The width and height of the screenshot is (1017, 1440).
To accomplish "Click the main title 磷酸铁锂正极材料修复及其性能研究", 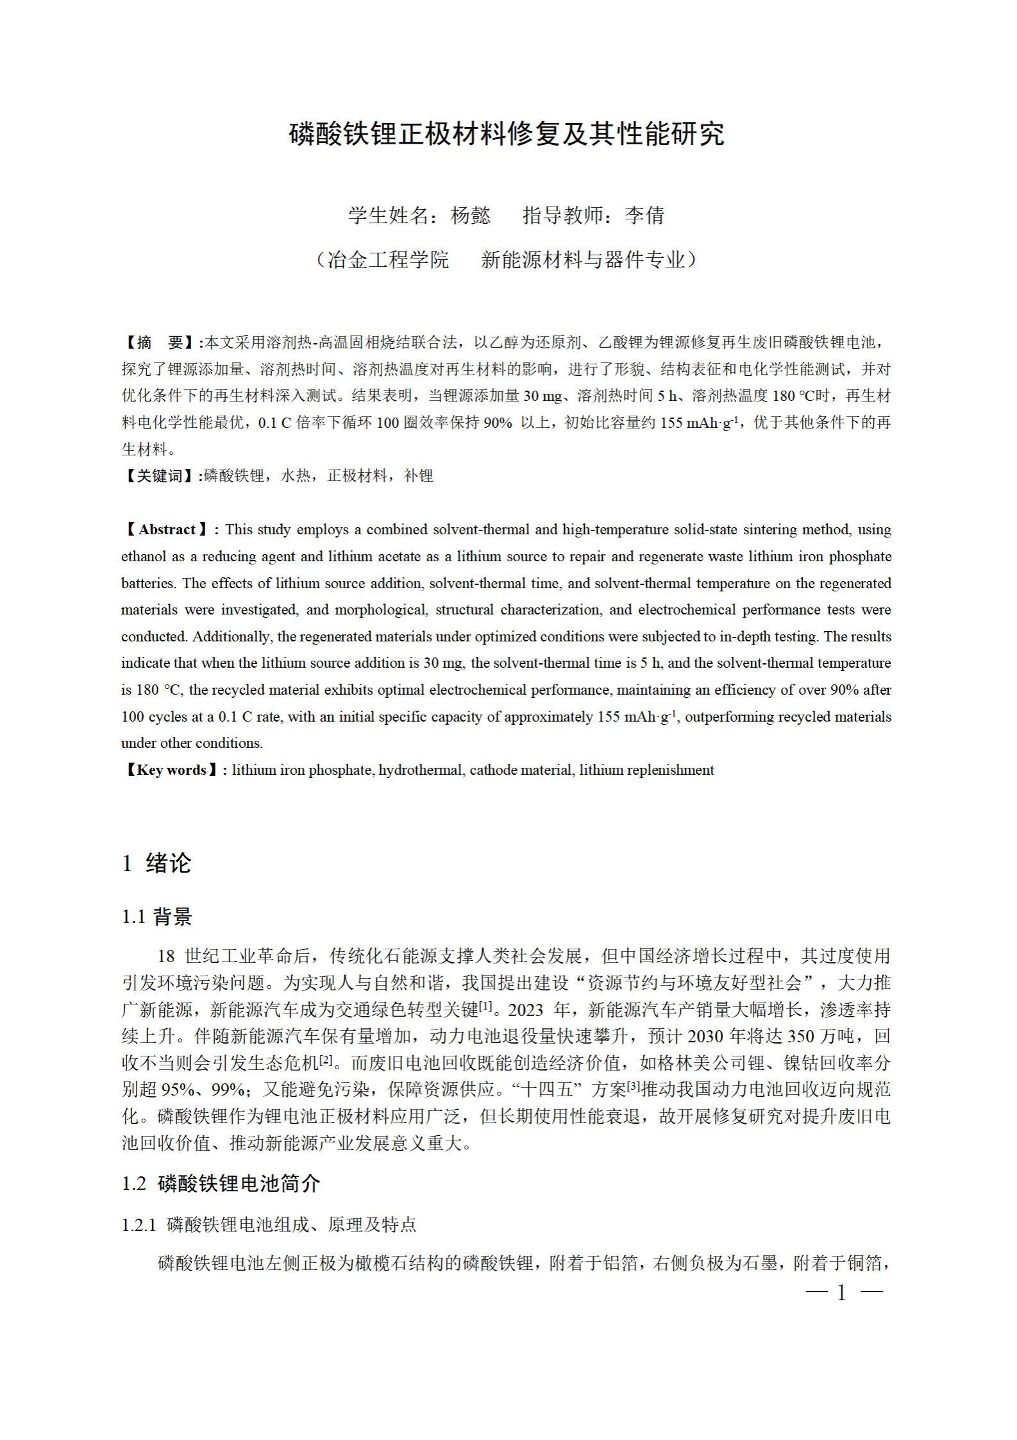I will [507, 133].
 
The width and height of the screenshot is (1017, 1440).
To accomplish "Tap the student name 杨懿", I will [471, 216].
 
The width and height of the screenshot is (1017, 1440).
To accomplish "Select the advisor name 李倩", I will [644, 216].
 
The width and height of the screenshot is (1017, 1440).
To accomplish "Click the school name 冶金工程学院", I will [388, 260].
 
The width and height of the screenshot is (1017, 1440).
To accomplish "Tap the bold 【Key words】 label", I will [172, 770].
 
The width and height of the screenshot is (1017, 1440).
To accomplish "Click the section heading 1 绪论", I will [156, 863].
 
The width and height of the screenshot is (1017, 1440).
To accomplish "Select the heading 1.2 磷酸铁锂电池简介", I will [221, 1183].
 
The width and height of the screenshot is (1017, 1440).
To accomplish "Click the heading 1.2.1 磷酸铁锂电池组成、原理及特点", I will [269, 1224].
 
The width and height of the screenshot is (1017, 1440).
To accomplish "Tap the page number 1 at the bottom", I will [842, 1293].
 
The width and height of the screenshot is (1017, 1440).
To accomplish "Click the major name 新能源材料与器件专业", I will [584, 260].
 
